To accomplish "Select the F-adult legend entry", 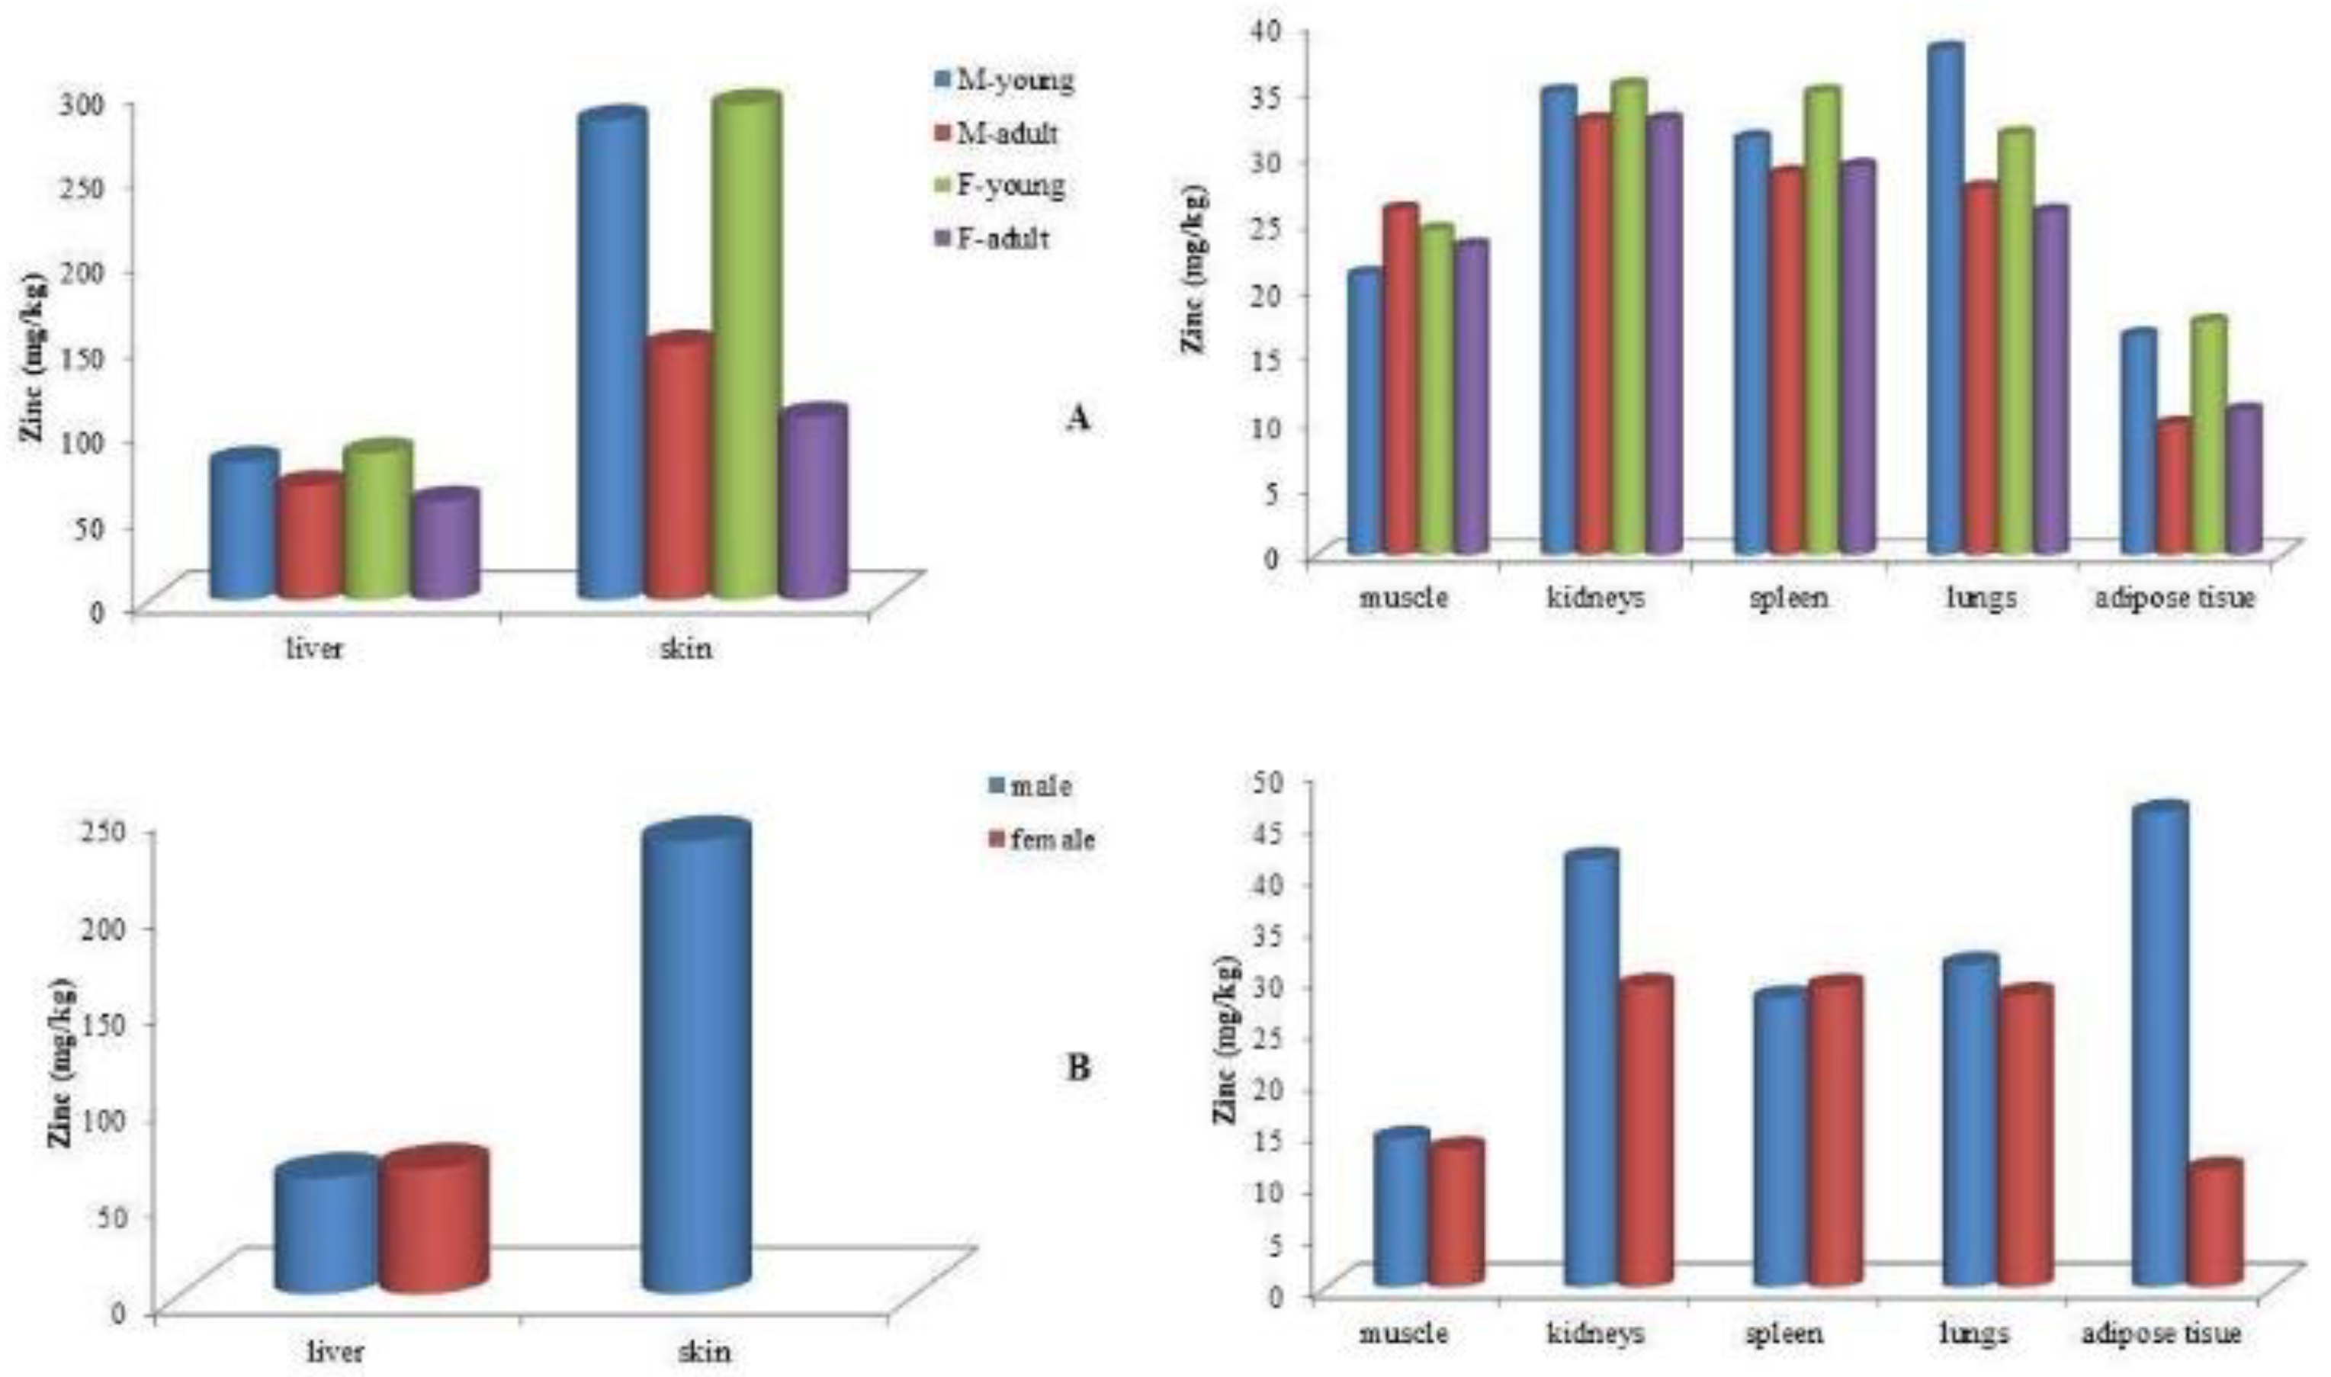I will tap(993, 239).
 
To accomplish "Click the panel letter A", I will tap(1077, 419).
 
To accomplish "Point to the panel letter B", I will tap(1078, 1068).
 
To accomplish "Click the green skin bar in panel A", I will tap(746, 352).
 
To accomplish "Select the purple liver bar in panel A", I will tap(445, 547).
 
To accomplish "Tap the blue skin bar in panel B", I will tap(698, 1058).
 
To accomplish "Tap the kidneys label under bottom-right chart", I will tap(1595, 1334).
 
